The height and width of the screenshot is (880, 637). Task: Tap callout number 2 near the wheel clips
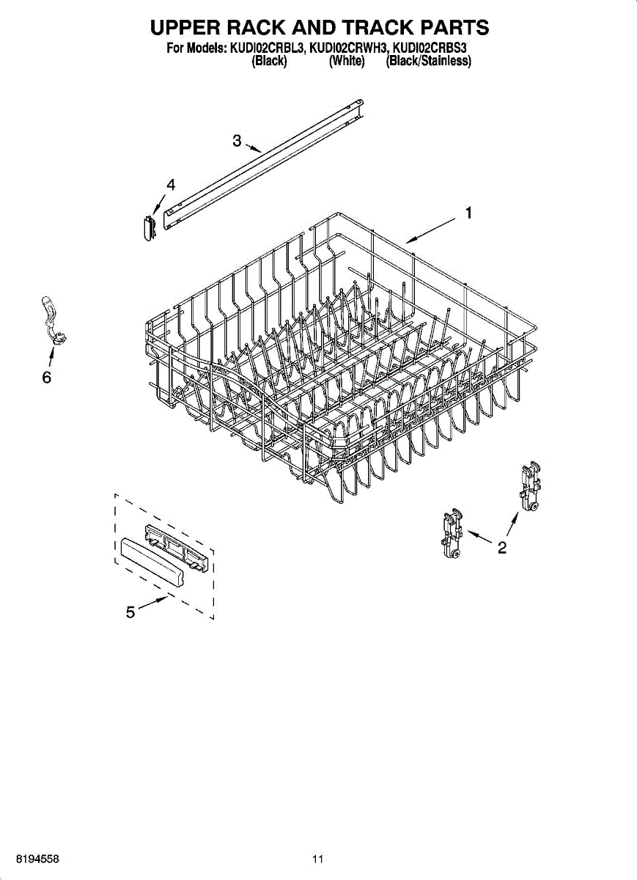(x=502, y=547)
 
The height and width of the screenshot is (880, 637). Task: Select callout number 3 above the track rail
(x=237, y=141)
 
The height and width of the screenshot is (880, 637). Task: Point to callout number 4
(x=171, y=186)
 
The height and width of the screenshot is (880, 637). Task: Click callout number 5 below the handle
(x=130, y=613)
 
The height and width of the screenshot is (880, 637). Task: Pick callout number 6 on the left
(x=46, y=378)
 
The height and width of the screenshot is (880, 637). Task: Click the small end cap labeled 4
(x=148, y=226)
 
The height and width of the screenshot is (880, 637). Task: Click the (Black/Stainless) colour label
(x=428, y=62)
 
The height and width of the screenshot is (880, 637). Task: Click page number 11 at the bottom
(x=317, y=859)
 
